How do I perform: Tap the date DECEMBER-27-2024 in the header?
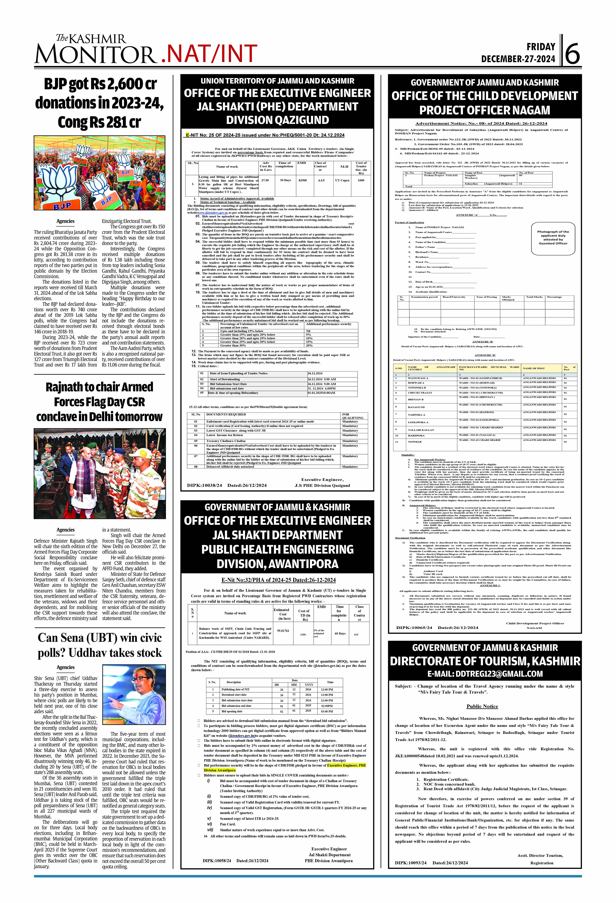[x=518, y=59]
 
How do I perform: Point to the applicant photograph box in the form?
[x=553, y=237]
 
